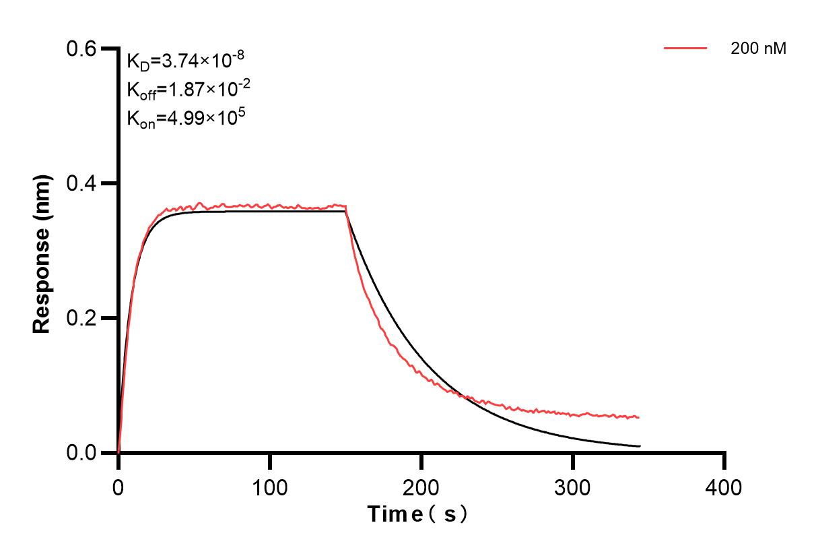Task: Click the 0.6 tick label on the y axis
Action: pyautogui.click(x=81, y=49)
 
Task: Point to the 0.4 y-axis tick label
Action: pyautogui.click(x=81, y=183)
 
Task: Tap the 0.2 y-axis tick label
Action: pyautogui.click(x=81, y=318)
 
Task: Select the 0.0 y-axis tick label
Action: pyautogui.click(x=81, y=452)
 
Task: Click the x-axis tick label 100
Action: pyautogui.click(x=269, y=487)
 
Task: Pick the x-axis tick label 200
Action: pyautogui.click(x=421, y=487)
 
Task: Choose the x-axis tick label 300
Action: pyautogui.click(x=572, y=487)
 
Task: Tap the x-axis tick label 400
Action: pyautogui.click(x=724, y=487)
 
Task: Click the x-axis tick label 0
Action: pyautogui.click(x=118, y=487)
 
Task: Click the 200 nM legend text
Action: pyautogui.click(x=759, y=49)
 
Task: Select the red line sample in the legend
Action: pyautogui.click(x=685, y=49)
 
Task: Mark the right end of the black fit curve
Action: pyautogui.click(x=640, y=446)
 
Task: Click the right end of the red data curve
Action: pyautogui.click(x=638, y=418)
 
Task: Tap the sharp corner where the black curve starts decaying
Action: pyautogui.click(x=345, y=212)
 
